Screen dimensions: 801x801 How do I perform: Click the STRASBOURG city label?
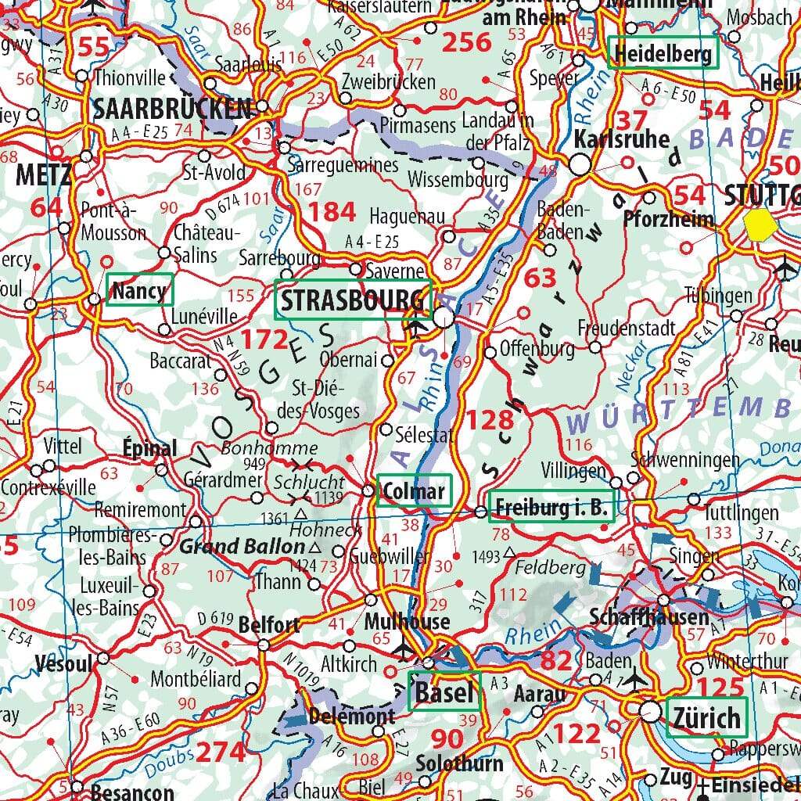pyautogui.click(x=353, y=300)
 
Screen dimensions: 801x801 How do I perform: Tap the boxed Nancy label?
pyautogui.click(x=139, y=292)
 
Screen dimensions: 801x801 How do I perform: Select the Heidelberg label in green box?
pyautogui.click(x=663, y=54)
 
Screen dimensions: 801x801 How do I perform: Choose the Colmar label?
pyautogui.click(x=414, y=491)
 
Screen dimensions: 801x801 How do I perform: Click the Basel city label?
pyautogui.click(x=444, y=691)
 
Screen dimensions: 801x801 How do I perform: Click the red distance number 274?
pyautogui.click(x=220, y=751)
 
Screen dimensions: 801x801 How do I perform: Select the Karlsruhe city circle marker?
pyautogui.click(x=580, y=165)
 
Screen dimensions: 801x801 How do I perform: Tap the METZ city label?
pyautogui.click(x=43, y=174)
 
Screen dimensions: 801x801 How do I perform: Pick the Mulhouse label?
pyautogui.click(x=408, y=623)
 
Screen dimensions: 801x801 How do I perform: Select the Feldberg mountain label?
pyautogui.click(x=551, y=566)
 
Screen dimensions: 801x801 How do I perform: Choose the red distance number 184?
pyautogui.click(x=332, y=212)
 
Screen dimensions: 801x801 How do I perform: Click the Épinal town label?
pyautogui.click(x=149, y=449)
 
